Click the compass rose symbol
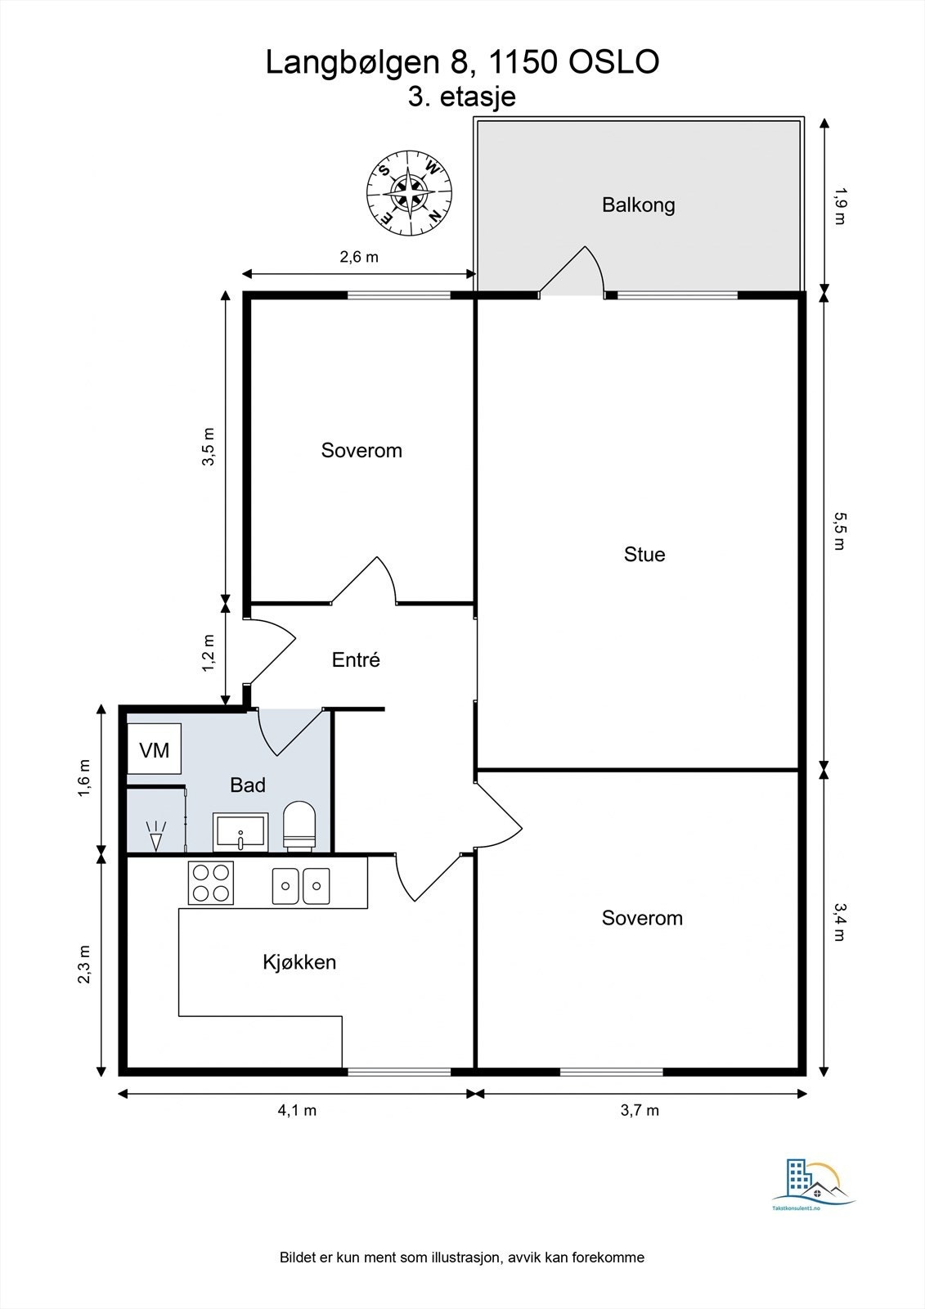pos(410,193)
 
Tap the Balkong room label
pos(638,205)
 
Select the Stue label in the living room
pos(644,554)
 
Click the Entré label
pos(356,659)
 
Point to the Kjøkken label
pos(299,962)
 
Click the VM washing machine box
pos(155,749)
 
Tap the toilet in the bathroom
pos(299,825)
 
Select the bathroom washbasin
pos(240,831)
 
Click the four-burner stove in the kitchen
pos(211,883)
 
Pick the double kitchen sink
pos(301,886)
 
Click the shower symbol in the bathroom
pos(156,835)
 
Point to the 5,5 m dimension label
pos(839,531)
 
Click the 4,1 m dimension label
pos(297,1110)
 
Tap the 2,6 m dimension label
pos(359,257)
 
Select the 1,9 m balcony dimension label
pos(839,205)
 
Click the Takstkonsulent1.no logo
pos(813,1190)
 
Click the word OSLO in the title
pos(614,62)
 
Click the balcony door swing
pos(572,269)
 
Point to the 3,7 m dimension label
pos(640,1110)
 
